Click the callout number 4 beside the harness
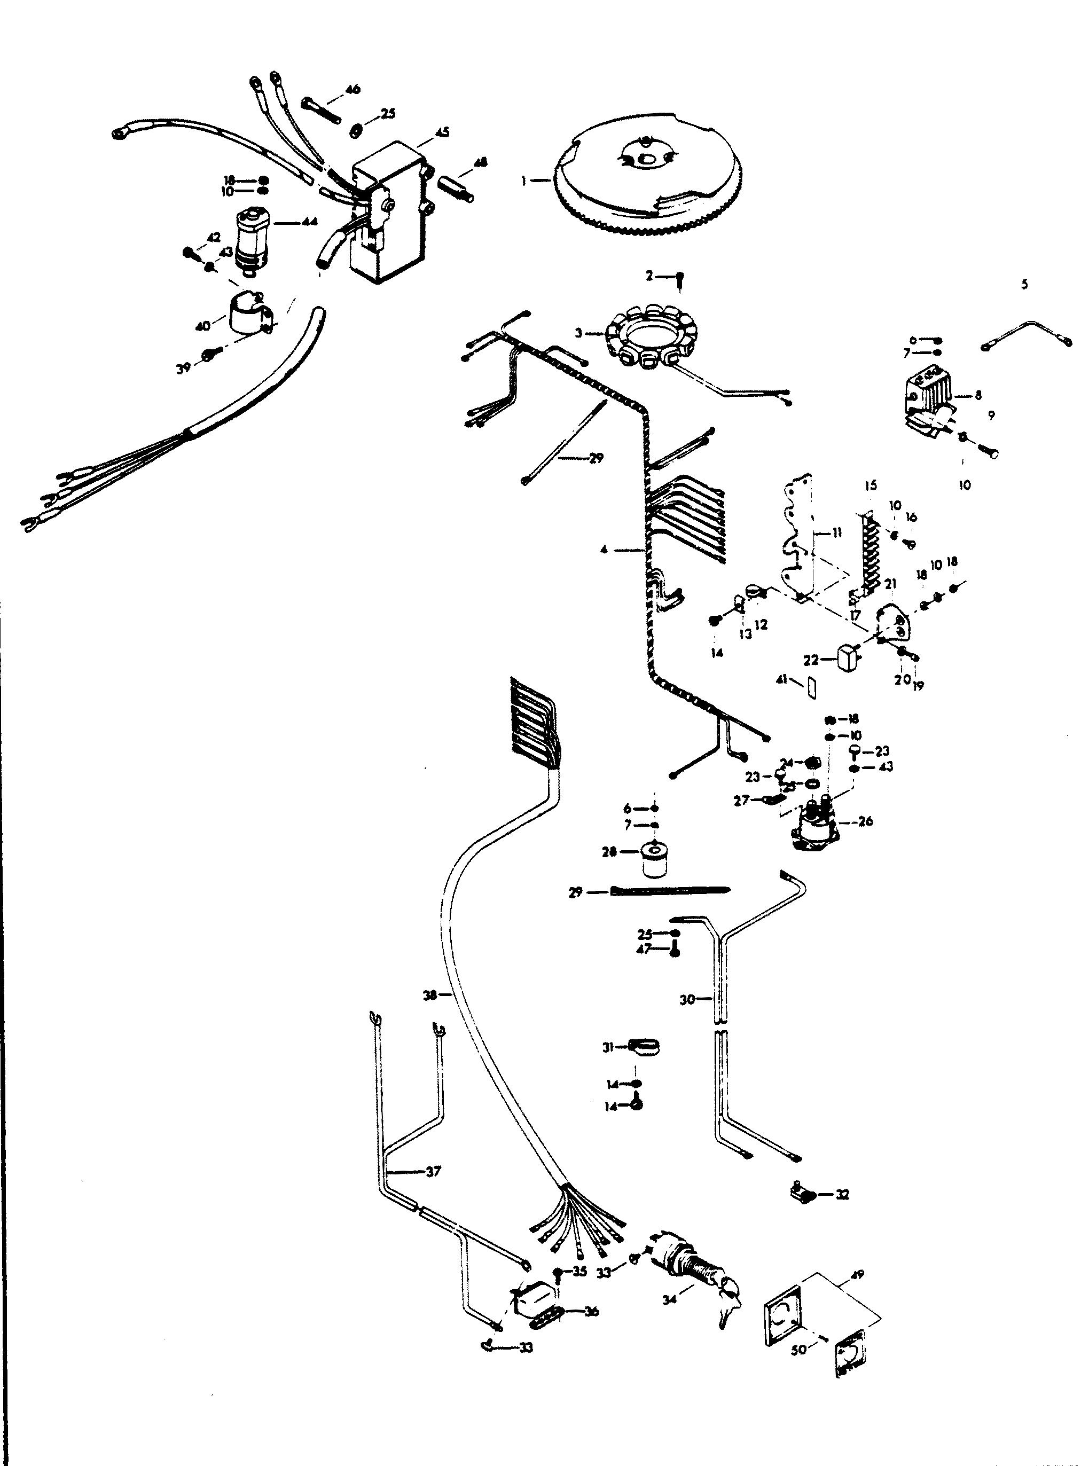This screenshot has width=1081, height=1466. (604, 550)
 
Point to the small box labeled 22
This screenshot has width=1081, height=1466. (848, 656)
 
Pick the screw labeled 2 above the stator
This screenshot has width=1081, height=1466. (680, 279)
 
